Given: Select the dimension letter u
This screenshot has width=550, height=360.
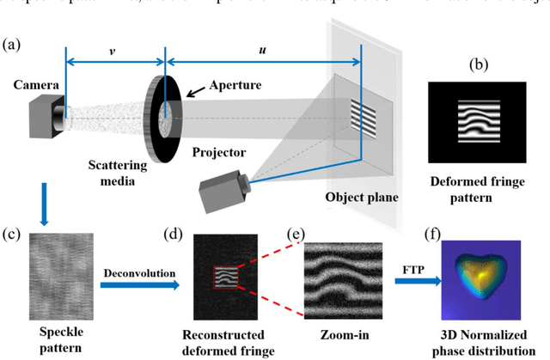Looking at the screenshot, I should point(263,50).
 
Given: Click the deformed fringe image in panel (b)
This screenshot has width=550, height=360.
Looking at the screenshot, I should point(476,123).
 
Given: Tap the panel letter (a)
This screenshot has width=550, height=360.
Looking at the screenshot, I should point(15,42).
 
